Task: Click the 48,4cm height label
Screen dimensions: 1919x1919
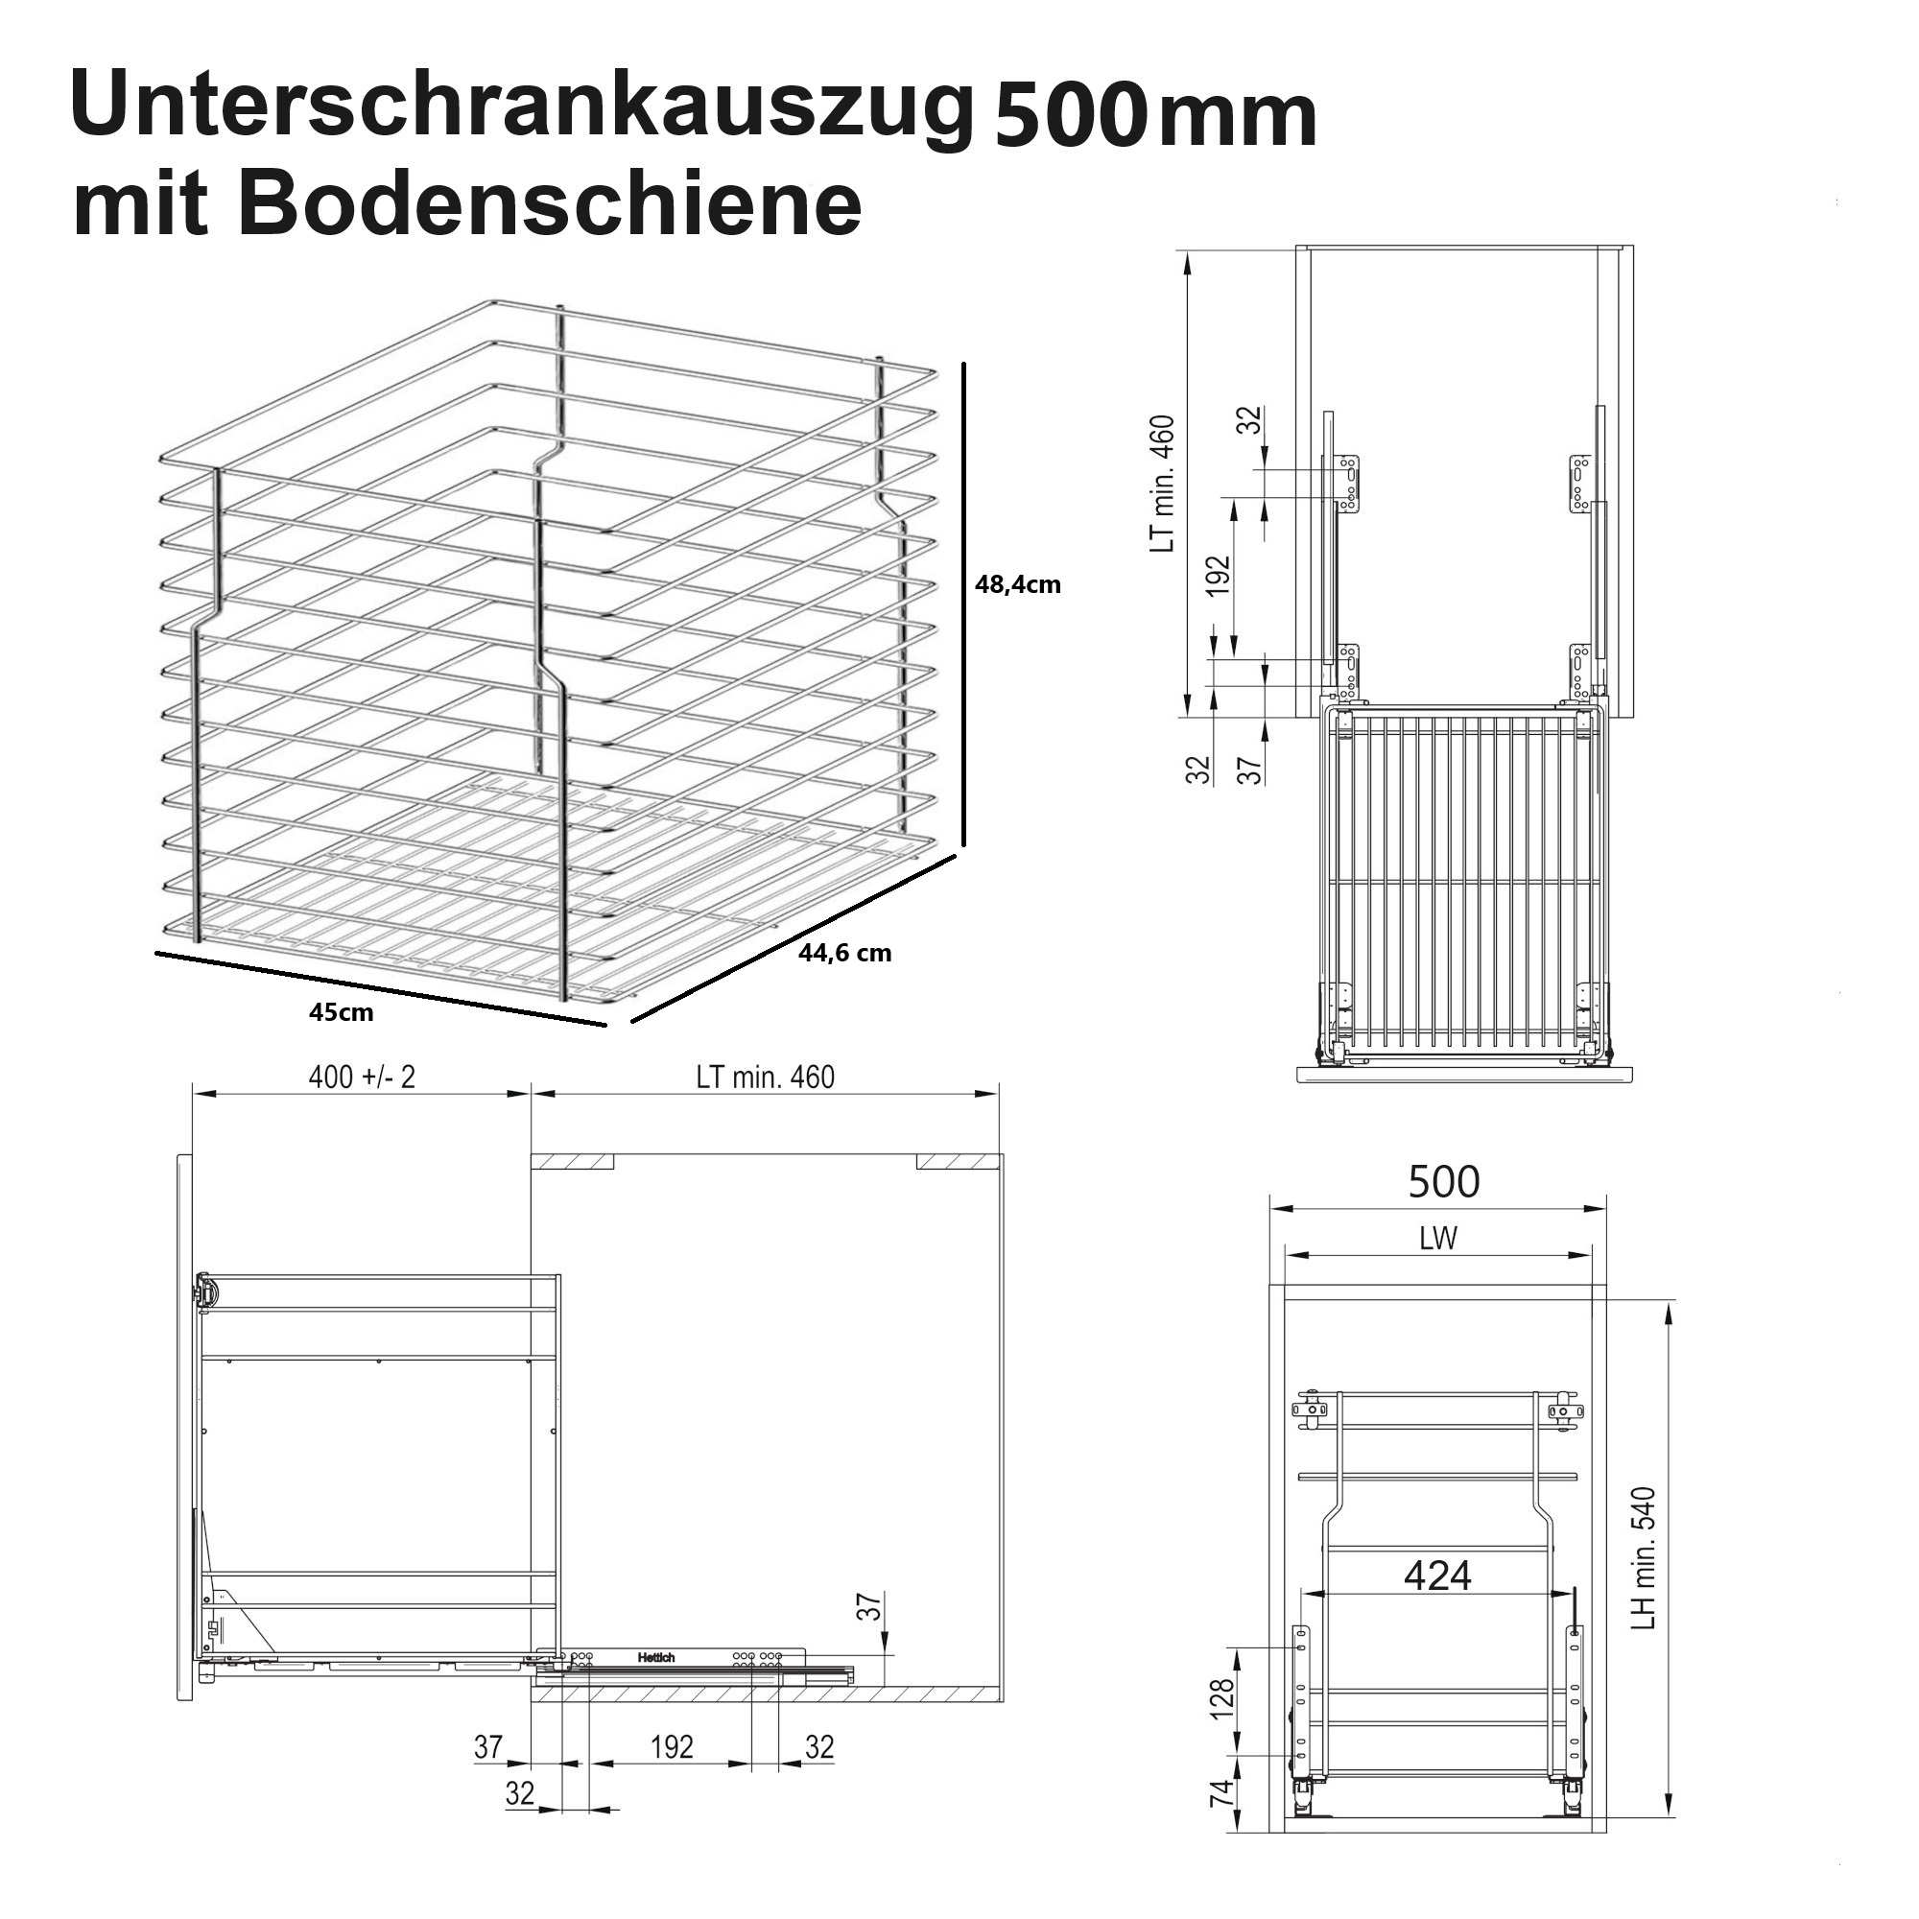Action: click(1017, 584)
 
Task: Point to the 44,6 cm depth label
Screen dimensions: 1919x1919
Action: click(844, 953)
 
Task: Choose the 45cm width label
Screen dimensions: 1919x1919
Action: click(341, 1012)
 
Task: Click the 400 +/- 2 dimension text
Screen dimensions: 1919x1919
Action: click(362, 1076)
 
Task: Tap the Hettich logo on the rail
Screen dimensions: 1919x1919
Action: click(656, 1658)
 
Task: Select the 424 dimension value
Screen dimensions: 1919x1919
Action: click(1437, 1575)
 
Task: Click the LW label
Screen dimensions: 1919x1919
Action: click(1438, 1238)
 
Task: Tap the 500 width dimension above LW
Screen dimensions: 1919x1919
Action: click(1443, 1181)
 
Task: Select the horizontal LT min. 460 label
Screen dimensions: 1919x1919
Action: click(765, 1076)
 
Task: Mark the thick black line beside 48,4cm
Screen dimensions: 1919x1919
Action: click(963, 604)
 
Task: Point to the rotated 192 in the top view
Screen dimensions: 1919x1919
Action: click(1218, 575)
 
